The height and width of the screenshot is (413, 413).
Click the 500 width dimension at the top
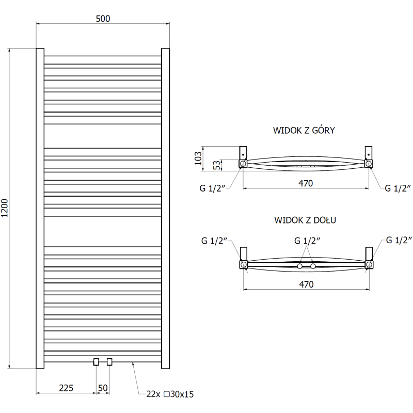103,19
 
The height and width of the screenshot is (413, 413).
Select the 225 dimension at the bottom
66,388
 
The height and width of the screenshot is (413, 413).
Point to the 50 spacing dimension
102,388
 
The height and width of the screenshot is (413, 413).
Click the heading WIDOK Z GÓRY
304,131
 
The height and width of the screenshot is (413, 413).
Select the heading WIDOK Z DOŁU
306,220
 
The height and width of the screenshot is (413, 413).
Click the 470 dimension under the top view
306,182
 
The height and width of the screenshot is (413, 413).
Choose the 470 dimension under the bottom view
306,283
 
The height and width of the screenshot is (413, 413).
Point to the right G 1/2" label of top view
398,188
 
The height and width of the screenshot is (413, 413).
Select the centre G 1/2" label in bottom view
308,241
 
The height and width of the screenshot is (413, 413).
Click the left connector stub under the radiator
96,362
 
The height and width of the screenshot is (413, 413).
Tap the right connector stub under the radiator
109,362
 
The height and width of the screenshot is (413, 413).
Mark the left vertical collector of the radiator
39,208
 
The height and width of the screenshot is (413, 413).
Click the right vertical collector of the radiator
166,208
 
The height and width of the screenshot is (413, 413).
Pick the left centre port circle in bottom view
299,266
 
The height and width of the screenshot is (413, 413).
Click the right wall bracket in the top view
369,153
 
